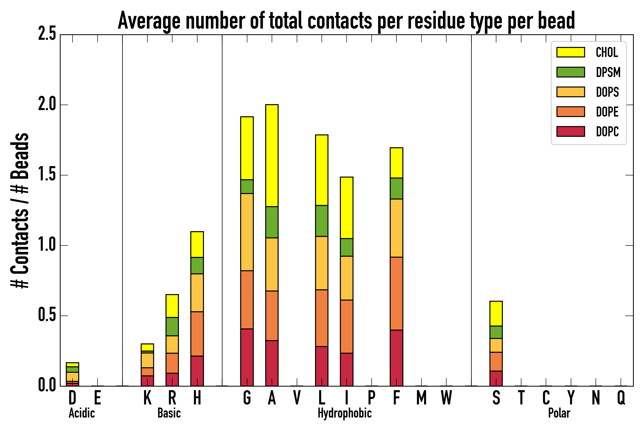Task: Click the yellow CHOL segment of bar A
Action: tap(272, 155)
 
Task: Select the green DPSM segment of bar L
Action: tap(322, 221)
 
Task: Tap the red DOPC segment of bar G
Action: tap(247, 357)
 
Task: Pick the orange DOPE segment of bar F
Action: tap(396, 293)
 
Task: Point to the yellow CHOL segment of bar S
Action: tap(496, 314)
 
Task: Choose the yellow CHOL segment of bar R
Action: tap(172, 306)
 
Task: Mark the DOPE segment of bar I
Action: tap(346, 327)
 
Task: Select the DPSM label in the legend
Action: tap(608, 72)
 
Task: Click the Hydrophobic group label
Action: tap(344, 413)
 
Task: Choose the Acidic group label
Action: tap(82, 413)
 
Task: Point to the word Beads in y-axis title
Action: tap(20, 156)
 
